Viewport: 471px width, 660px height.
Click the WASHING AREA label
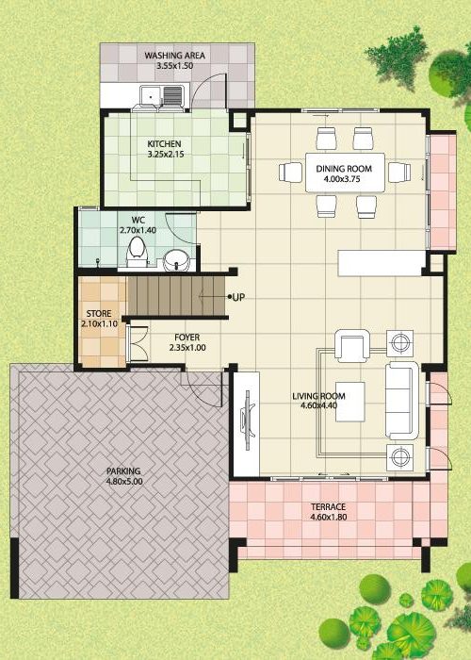174,55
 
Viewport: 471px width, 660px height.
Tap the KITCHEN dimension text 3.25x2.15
165,155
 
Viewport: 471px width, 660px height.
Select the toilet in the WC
137,252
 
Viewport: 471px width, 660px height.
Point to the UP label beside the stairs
238,297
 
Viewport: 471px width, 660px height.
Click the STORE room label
99,314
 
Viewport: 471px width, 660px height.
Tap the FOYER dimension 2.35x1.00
187,348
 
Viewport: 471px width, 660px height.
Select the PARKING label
123,471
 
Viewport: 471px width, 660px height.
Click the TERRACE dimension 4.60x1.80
329,518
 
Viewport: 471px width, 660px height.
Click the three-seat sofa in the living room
402,400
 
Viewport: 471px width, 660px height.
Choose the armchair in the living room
352,346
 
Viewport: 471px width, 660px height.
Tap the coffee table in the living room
349,402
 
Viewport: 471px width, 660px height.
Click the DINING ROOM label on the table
344,169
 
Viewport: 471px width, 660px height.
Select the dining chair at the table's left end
290,173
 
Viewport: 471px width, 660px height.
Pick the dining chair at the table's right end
399,173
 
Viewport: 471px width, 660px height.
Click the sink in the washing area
162,95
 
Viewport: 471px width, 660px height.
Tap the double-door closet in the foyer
138,343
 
